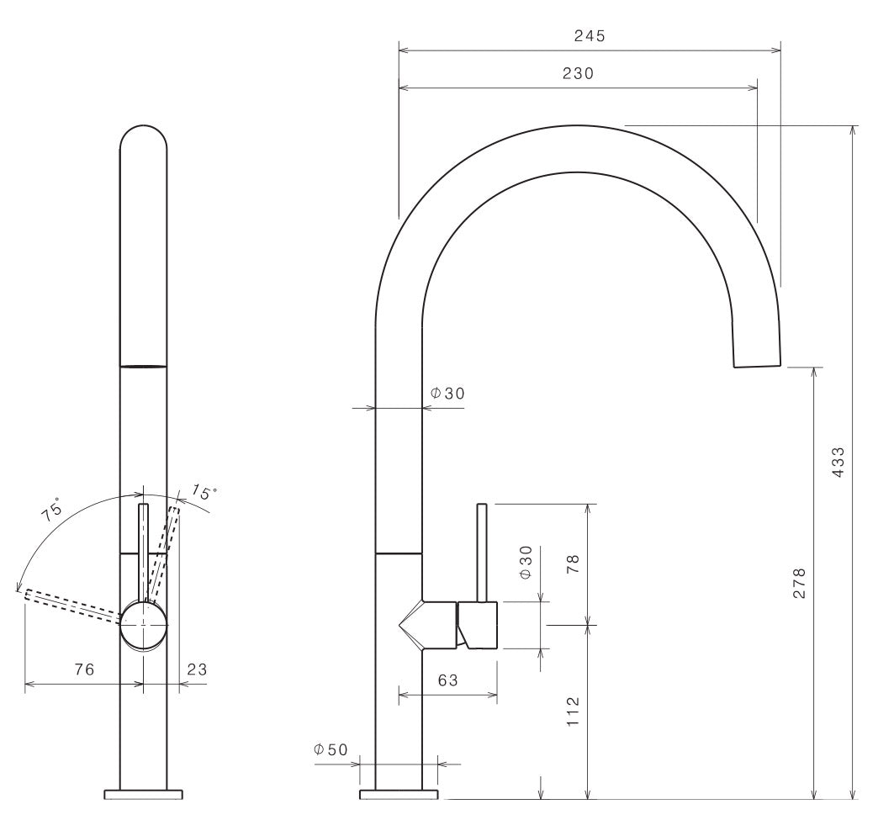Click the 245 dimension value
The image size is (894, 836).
(590, 36)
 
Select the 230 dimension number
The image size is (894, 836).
(578, 73)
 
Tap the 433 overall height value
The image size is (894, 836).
(838, 462)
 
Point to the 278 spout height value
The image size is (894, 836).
(799, 583)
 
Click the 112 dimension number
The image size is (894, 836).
(573, 712)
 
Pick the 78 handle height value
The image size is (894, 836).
(573, 564)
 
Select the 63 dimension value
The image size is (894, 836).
(448, 680)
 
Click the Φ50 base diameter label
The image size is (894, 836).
(331, 749)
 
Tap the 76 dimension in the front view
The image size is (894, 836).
(84, 669)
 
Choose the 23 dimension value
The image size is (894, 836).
(197, 669)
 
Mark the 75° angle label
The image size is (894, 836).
(52, 510)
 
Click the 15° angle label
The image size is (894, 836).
(204, 491)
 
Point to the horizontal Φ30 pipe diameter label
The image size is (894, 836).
(447, 393)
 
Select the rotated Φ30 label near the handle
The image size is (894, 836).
(526, 563)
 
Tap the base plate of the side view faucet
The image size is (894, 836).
(399, 795)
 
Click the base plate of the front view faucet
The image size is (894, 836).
(144, 795)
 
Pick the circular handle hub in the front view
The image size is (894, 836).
(144, 625)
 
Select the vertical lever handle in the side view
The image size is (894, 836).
(482, 553)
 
